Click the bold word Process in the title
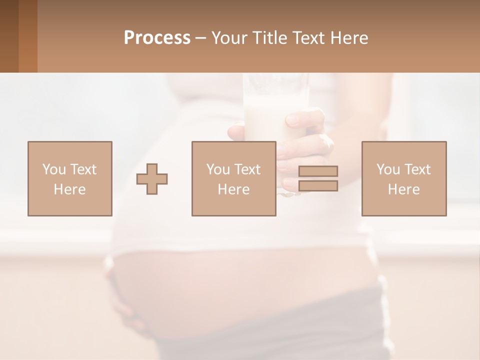[157, 38]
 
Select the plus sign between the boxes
[152, 179]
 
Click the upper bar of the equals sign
[318, 171]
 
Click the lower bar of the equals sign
[318, 186]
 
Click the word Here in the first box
[70, 189]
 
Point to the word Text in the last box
[418, 169]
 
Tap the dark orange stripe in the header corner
[27, 36]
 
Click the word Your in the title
[228, 38]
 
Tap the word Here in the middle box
[234, 189]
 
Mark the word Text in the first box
[84, 169]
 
